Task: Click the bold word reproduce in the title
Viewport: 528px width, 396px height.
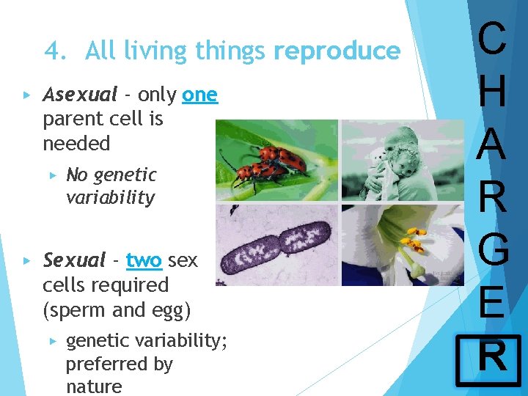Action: [x=337, y=51]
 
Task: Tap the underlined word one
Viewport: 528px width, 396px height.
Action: [x=199, y=95]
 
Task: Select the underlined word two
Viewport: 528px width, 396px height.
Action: [x=144, y=260]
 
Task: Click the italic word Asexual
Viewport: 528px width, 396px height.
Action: [x=80, y=95]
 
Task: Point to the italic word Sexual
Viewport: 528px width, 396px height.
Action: [x=74, y=260]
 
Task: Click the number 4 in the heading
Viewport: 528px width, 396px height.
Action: [x=53, y=51]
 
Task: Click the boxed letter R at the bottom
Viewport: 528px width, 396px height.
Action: [x=491, y=359]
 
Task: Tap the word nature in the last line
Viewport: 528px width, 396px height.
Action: [x=94, y=386]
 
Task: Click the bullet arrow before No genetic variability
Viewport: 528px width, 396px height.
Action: [x=53, y=175]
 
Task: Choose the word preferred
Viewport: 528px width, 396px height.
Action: [x=119, y=364]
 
